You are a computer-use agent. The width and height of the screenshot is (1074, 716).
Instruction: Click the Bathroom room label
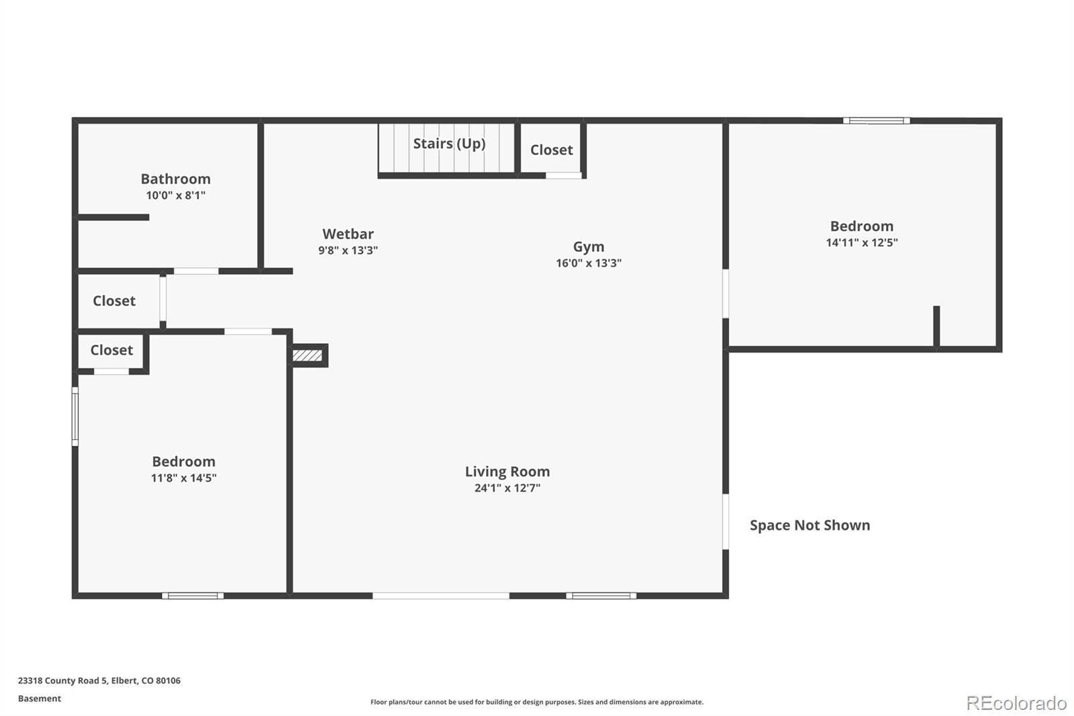pos(175,179)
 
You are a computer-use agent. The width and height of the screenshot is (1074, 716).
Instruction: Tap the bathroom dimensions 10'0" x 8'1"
pos(175,195)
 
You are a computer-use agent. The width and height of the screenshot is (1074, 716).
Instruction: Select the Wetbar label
pos(348,234)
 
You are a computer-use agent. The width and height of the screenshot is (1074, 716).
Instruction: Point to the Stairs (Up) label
pos(449,144)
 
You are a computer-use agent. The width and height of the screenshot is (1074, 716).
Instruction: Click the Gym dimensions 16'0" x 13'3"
pos(589,263)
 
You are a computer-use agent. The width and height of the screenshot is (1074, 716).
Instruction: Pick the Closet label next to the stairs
pos(551,150)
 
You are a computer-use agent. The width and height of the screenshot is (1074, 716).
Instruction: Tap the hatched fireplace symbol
pos(307,355)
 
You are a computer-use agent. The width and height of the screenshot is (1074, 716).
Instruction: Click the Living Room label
pos(507,472)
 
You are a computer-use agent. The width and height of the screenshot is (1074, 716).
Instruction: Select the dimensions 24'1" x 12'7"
pos(507,488)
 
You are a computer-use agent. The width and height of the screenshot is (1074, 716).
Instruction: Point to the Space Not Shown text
pos(810,525)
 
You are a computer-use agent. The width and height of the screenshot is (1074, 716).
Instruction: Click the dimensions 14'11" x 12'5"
pos(862,242)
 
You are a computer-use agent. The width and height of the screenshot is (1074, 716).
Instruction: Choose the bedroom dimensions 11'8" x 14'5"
pos(184,478)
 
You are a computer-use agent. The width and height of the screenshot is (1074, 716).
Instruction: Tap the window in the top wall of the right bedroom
pos(877,120)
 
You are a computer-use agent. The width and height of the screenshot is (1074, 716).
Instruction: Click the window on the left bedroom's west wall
pos(75,416)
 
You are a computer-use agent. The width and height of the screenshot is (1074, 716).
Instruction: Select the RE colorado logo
pos(1016,703)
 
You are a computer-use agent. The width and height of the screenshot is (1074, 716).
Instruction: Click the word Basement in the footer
pos(40,699)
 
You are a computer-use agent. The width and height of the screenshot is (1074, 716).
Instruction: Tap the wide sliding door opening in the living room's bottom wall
pos(440,596)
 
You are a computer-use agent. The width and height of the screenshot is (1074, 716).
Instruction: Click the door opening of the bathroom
pos(196,271)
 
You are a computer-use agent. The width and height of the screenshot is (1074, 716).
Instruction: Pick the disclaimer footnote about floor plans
pos(537,702)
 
